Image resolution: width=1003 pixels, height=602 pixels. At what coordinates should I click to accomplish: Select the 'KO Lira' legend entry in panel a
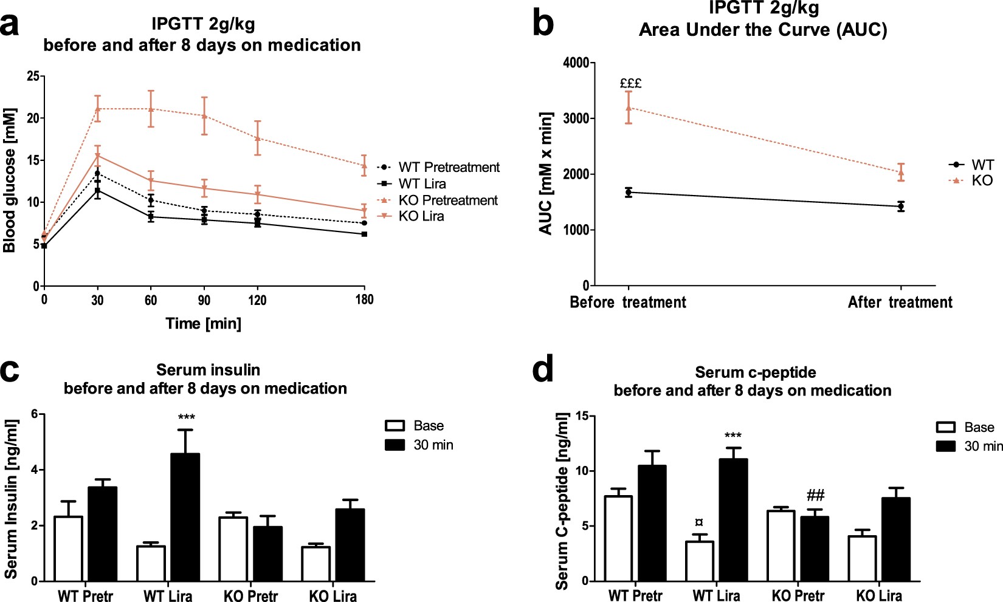(421, 216)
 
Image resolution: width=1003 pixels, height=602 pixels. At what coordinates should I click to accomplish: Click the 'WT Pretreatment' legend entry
(449, 167)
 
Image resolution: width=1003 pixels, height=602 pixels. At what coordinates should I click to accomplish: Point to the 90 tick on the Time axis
(204, 299)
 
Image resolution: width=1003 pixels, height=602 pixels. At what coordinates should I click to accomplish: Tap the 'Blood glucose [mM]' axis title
(10, 180)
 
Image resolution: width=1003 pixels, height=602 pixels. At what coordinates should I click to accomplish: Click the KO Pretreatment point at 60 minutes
(151, 109)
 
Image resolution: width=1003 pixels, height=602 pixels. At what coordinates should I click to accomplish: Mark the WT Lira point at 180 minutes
(364, 234)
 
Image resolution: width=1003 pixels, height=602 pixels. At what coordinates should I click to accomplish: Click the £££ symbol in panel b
(630, 83)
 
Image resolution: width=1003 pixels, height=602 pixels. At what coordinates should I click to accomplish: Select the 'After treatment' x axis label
(900, 303)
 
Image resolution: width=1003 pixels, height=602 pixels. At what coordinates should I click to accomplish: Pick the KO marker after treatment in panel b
(901, 172)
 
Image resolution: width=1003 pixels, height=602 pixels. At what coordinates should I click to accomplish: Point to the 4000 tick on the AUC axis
(576, 63)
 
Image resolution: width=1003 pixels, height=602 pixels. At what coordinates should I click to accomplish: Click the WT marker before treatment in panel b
(629, 193)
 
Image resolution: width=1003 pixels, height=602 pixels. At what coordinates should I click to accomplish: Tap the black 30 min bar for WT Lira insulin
(185, 517)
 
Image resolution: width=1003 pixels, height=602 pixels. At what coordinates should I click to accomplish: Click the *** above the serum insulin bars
(186, 417)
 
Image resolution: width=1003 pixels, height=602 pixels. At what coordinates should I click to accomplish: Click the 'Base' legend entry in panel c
(428, 426)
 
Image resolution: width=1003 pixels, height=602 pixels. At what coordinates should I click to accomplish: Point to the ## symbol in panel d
(815, 495)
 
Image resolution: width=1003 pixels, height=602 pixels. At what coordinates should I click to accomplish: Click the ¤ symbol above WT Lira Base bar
(699, 522)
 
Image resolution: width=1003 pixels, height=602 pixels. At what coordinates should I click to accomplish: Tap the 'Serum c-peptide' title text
(755, 372)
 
